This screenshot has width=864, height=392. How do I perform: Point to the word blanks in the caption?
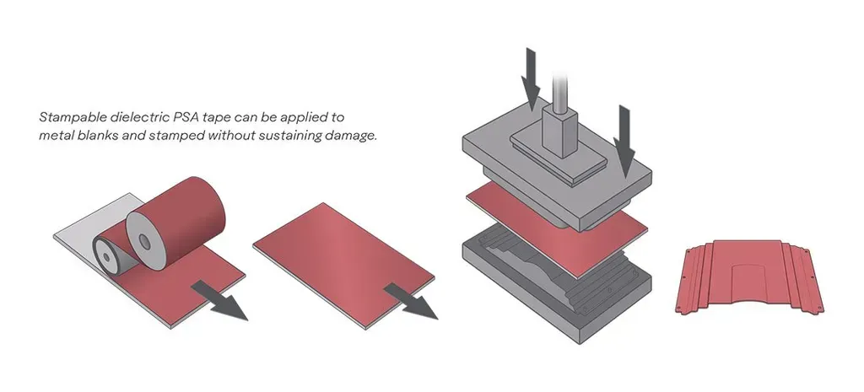[x=95, y=135]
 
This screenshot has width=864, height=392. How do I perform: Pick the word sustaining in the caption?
[x=283, y=135]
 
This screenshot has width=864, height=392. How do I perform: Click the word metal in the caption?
[x=56, y=135]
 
